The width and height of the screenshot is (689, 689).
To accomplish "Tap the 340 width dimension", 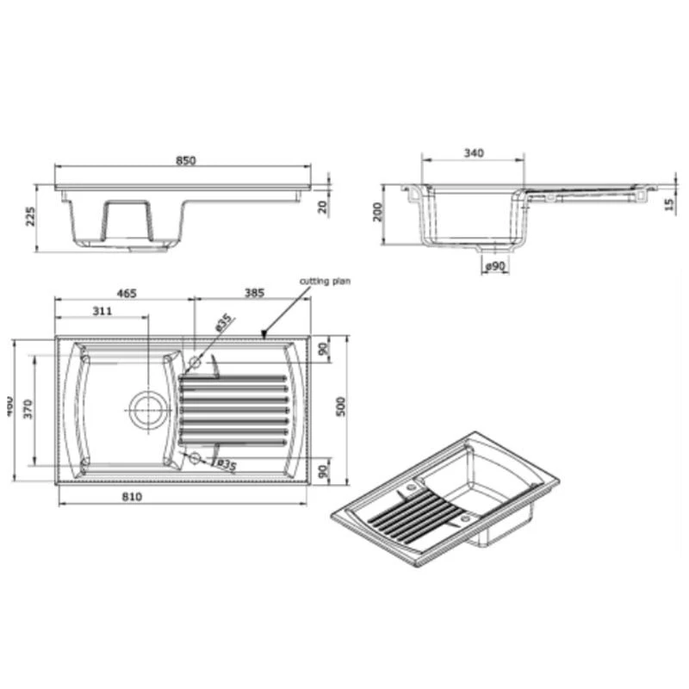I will [473, 153].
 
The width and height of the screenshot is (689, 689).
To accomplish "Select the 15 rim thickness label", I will [669, 203].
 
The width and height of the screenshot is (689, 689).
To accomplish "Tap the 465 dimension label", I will [127, 295].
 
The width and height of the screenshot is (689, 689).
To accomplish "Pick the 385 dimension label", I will [253, 295].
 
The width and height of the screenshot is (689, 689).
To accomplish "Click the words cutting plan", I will [325, 282].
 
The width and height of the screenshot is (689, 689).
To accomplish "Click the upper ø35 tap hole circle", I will [195, 363].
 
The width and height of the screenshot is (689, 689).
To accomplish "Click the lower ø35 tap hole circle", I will [195, 457].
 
